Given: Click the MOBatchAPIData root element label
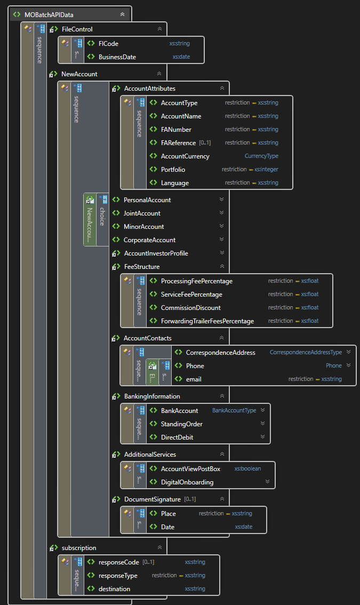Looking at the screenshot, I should tap(49, 14).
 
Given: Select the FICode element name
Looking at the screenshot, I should tap(108, 43).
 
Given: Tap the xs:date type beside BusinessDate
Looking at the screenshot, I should tap(181, 57).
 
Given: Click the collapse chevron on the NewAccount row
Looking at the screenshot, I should tap(159, 74).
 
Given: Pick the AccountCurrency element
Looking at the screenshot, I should tap(185, 156).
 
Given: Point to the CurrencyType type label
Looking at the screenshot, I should tap(261, 156).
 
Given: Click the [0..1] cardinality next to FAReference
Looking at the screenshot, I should tap(205, 143).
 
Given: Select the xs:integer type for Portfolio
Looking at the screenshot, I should tap(266, 170).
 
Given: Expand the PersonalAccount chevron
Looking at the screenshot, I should tap(221, 200).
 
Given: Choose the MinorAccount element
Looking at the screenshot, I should tap(143, 227).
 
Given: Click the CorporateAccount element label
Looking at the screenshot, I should tap(149, 240).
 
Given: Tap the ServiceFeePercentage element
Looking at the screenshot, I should tap(191, 294).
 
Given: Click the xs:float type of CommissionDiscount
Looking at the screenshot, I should tap(309, 308).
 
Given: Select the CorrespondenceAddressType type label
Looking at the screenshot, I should tap(306, 352).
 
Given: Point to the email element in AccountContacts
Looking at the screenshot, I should tap(194, 379).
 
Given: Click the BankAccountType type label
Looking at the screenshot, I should tap(234, 411).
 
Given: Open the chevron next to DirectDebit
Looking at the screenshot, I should tap(262, 437).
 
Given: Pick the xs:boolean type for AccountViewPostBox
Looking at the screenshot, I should tap(247, 468).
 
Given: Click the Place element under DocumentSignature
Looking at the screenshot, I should tap(168, 514).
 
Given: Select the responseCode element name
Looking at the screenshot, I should tap(118, 562).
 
